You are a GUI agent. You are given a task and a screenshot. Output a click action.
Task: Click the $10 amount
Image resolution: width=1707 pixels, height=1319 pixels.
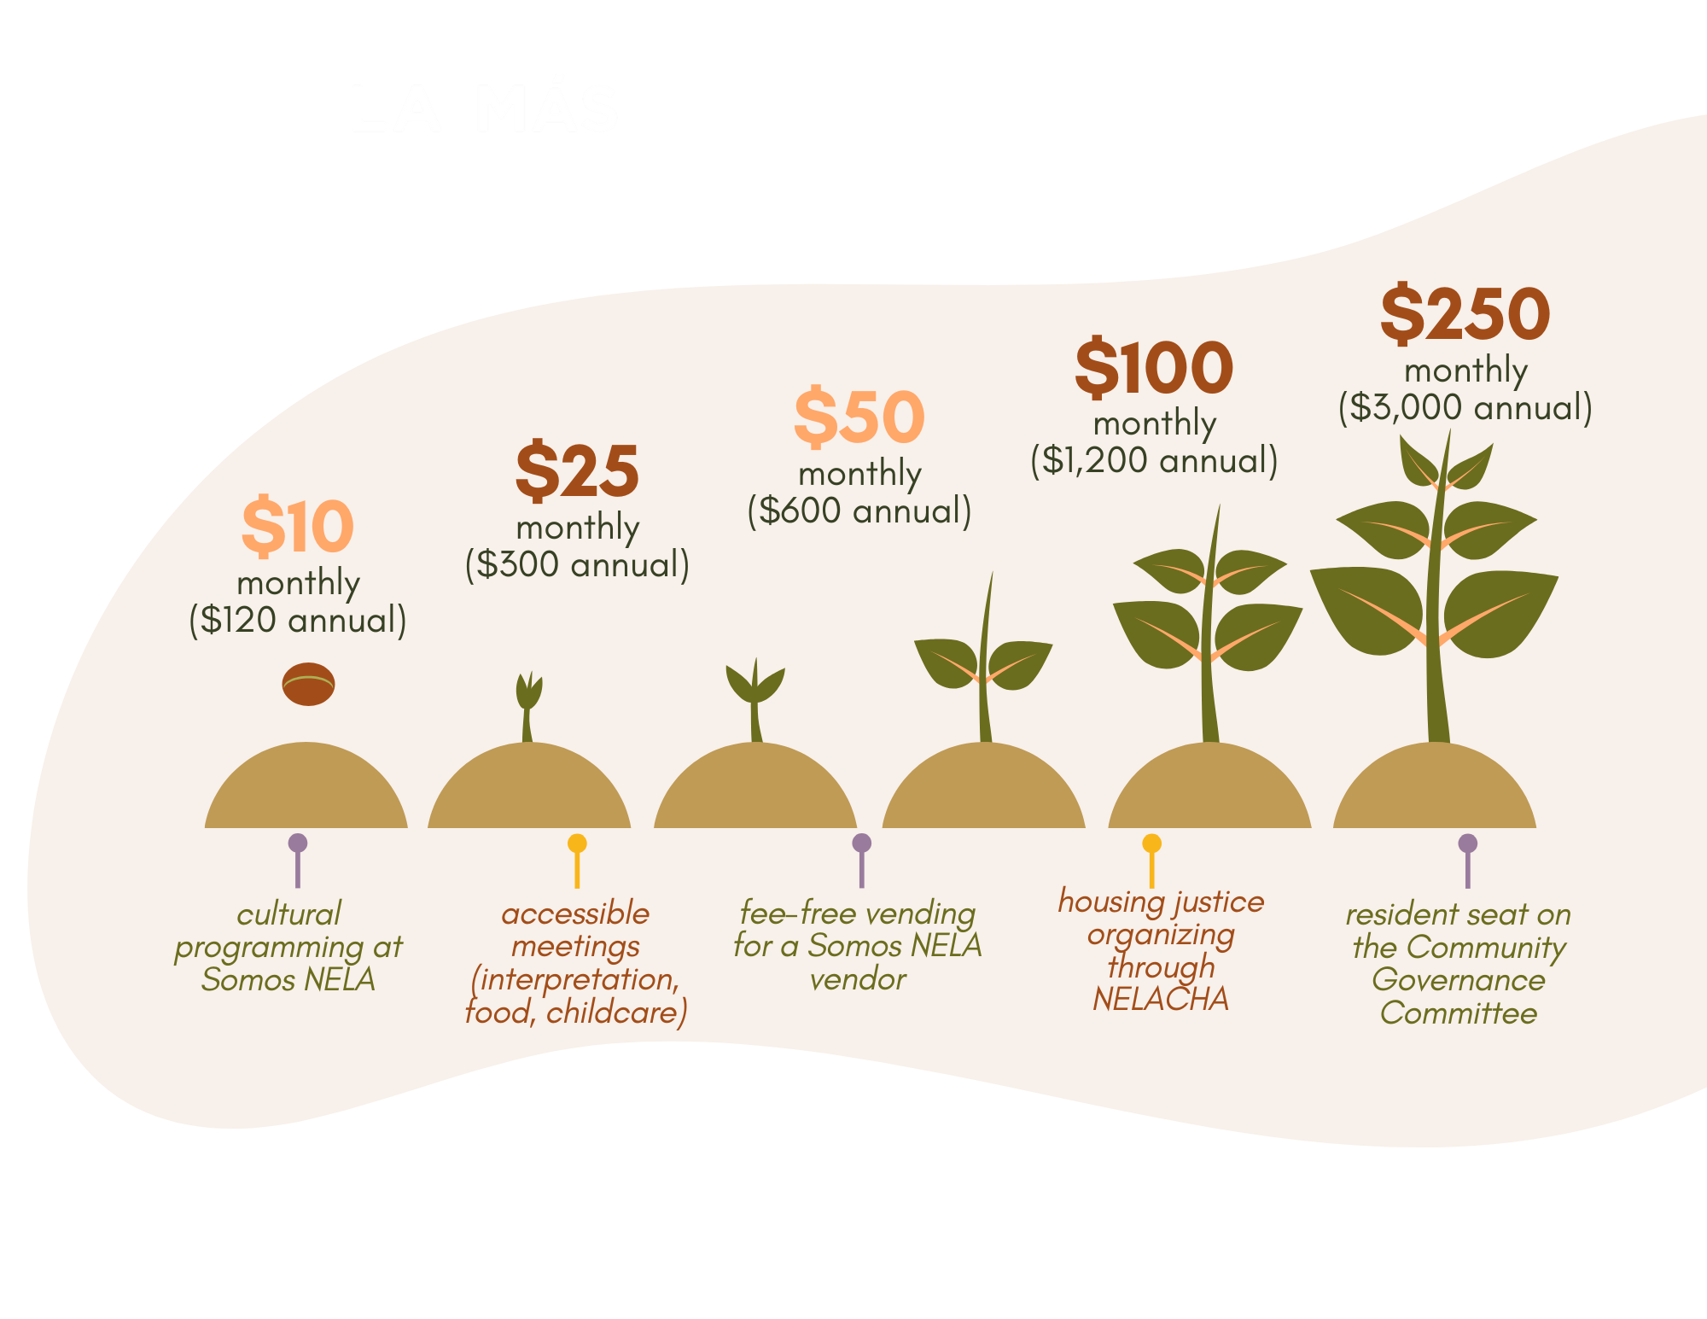[x=297, y=527]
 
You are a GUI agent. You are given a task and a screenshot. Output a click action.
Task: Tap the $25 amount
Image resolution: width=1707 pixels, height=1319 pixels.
[x=577, y=471]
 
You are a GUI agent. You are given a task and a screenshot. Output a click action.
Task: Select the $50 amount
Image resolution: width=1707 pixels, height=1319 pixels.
[x=859, y=417]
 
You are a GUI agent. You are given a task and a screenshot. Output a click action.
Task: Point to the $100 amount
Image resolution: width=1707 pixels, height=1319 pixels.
[x=1154, y=368]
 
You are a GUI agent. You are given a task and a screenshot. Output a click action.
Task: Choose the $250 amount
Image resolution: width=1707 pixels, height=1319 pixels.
[x=1465, y=315]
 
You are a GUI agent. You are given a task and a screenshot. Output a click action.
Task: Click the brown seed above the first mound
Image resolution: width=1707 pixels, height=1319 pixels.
[x=308, y=684]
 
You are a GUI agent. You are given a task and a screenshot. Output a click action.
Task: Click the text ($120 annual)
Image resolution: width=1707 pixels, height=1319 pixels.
[x=297, y=620]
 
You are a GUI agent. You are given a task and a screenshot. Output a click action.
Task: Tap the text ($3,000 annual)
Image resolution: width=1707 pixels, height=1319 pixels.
[x=1465, y=407]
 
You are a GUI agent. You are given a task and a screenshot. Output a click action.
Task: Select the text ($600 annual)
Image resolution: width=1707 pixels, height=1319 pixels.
[x=859, y=511]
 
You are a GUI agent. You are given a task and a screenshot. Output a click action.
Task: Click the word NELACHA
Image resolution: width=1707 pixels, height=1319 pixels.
[x=1161, y=999]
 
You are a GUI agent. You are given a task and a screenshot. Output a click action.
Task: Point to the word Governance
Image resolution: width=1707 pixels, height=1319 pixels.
[x=1458, y=980]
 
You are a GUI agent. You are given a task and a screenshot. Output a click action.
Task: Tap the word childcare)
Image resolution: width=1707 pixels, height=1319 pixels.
[x=616, y=1013]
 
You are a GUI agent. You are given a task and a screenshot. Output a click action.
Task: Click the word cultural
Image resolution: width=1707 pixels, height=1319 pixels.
[x=288, y=914]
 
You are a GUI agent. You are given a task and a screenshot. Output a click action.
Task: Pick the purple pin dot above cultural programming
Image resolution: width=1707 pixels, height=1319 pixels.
[x=297, y=843]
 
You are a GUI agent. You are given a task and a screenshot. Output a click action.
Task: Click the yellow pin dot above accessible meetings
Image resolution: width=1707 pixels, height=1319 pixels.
[x=577, y=843]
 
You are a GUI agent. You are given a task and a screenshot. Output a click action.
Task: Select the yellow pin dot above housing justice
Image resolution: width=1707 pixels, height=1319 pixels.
[x=1151, y=843]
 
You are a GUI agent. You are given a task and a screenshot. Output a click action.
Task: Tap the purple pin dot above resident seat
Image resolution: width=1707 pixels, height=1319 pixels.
[x=1467, y=843]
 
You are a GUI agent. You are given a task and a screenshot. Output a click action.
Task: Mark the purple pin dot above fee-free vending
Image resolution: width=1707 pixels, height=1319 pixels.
[x=861, y=843]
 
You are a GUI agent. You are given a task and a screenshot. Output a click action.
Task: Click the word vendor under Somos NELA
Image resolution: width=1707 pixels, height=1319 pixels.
[x=858, y=979]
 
